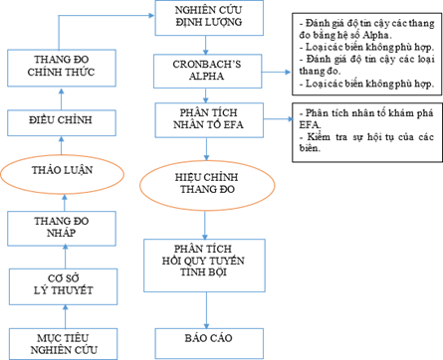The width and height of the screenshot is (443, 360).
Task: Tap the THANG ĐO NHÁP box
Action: pyautogui.click(x=62, y=228)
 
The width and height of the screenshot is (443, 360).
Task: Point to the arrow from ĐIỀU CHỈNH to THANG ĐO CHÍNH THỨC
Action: pyautogui.click(x=62, y=97)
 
